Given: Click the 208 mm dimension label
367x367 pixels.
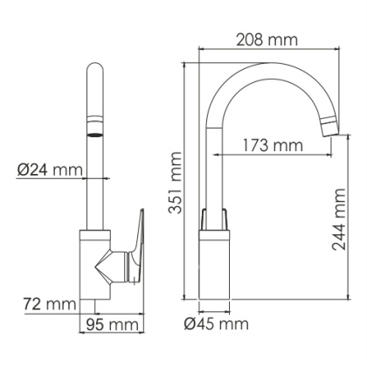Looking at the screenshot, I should point(267,41).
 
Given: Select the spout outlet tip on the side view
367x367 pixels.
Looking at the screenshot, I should point(330,128).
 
